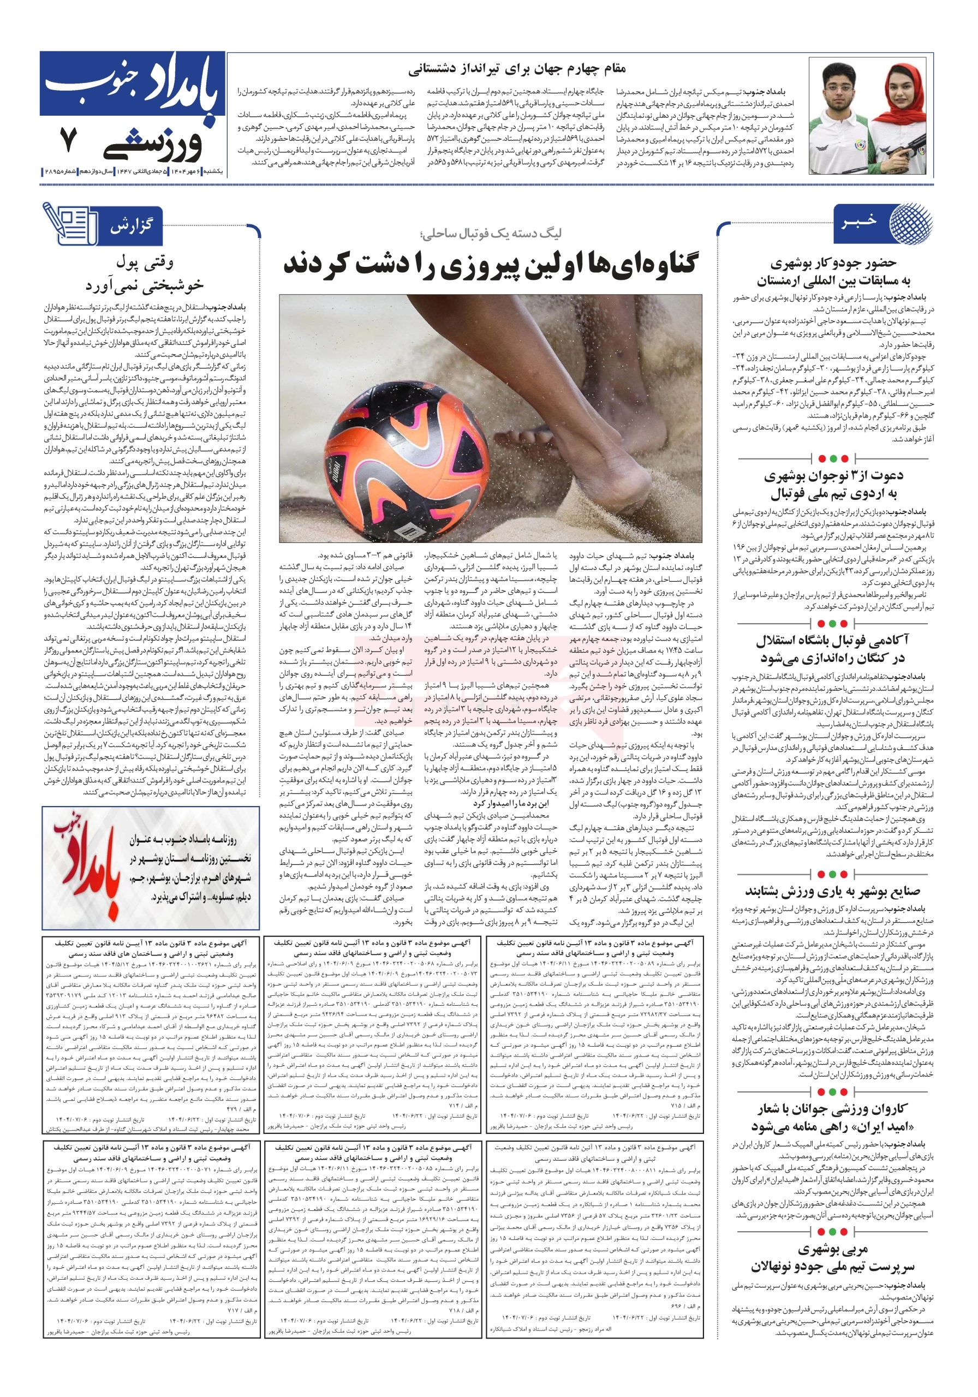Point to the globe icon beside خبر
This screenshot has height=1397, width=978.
[910, 224]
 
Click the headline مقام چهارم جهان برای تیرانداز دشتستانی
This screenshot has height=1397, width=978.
[517, 68]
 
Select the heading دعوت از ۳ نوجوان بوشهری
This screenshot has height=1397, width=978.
[833, 476]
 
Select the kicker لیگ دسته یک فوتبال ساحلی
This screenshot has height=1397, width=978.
[491, 234]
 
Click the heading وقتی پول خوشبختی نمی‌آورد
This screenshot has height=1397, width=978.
[145, 273]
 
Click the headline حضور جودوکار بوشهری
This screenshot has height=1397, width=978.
[833, 263]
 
